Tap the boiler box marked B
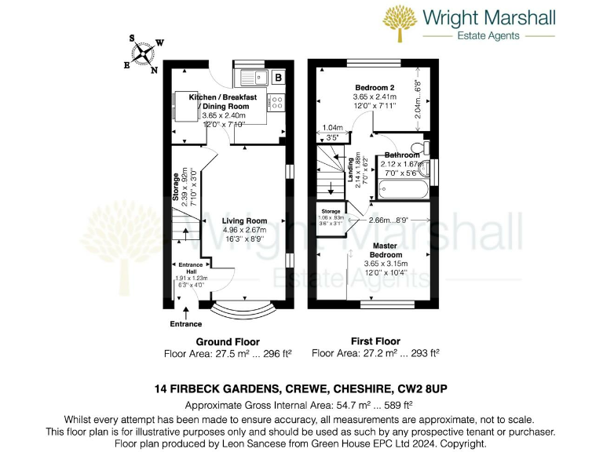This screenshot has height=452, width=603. coord(278,77)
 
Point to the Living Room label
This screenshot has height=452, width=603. coord(244,221)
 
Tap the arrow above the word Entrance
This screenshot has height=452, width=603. coord(187,312)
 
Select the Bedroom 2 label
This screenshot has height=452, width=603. coord(374,87)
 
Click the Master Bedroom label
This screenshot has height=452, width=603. coord(386,250)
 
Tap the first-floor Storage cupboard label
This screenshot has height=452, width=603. coord(331,211)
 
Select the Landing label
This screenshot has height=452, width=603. coord(349,169)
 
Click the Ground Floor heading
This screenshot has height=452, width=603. coord(227,342)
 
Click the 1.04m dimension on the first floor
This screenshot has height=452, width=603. coord(333,127)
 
